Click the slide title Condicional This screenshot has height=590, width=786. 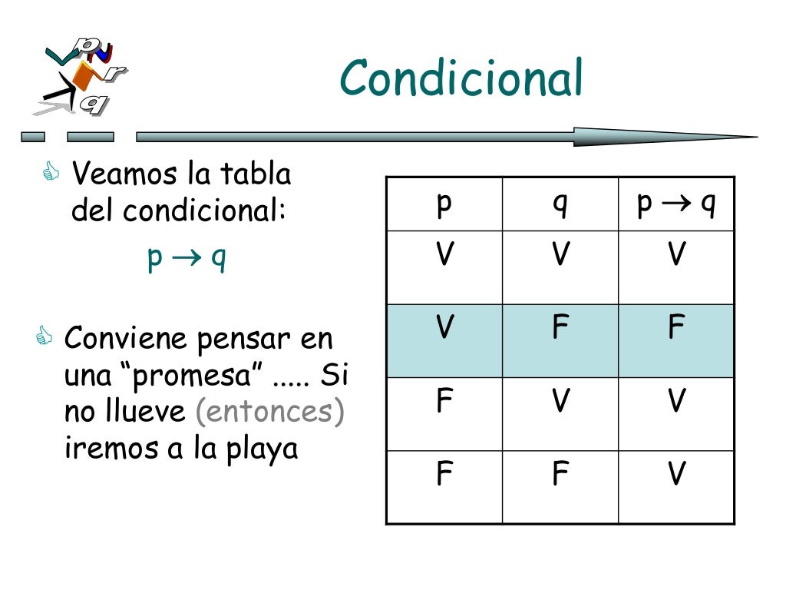point(461,79)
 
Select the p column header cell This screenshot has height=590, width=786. point(444,205)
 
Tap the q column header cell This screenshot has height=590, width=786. point(560,205)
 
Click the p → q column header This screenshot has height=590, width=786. point(676,205)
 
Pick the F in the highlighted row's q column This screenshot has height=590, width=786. point(560,328)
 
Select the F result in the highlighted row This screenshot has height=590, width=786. point(676,328)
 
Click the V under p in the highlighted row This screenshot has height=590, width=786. point(444,328)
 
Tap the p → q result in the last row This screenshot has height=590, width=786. point(676,475)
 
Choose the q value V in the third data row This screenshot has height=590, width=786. point(560,401)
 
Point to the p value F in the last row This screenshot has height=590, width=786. point(444,475)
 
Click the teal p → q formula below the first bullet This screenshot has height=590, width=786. point(187,259)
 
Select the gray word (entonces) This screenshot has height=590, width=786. point(269,412)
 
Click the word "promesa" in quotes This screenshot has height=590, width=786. point(199,376)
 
